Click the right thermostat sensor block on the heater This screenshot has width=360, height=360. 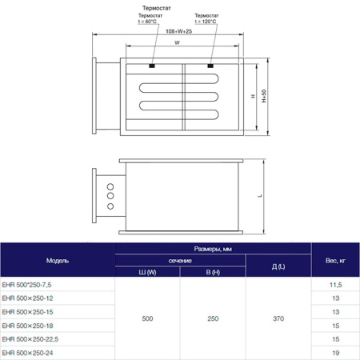pyautogui.click(x=210, y=66)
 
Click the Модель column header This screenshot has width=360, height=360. pyautogui.click(x=58, y=262)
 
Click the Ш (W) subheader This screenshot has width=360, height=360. pyautogui.click(x=148, y=273)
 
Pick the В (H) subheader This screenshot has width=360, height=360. pyautogui.click(x=212, y=273)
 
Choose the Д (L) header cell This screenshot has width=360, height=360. pyautogui.click(x=278, y=267)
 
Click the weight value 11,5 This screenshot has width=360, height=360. pyautogui.click(x=335, y=285)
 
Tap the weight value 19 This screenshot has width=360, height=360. pyautogui.click(x=335, y=353)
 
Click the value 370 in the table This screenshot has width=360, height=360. pyautogui.click(x=278, y=318)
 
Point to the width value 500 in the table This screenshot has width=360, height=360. pyautogui.click(x=148, y=318)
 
